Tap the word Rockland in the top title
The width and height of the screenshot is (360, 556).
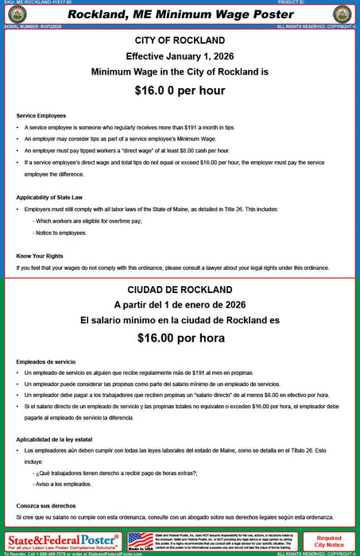tap(96, 14)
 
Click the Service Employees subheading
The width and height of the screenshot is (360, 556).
tap(41, 116)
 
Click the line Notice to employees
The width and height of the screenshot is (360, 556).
tap(60, 233)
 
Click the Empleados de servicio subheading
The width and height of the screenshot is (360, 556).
tap(45, 361)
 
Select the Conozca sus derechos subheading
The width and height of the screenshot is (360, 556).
tap(47, 505)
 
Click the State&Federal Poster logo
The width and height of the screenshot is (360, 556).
tap(63, 542)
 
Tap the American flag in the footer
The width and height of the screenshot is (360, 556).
tap(141, 539)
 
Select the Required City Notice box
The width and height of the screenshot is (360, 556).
tap(330, 542)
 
